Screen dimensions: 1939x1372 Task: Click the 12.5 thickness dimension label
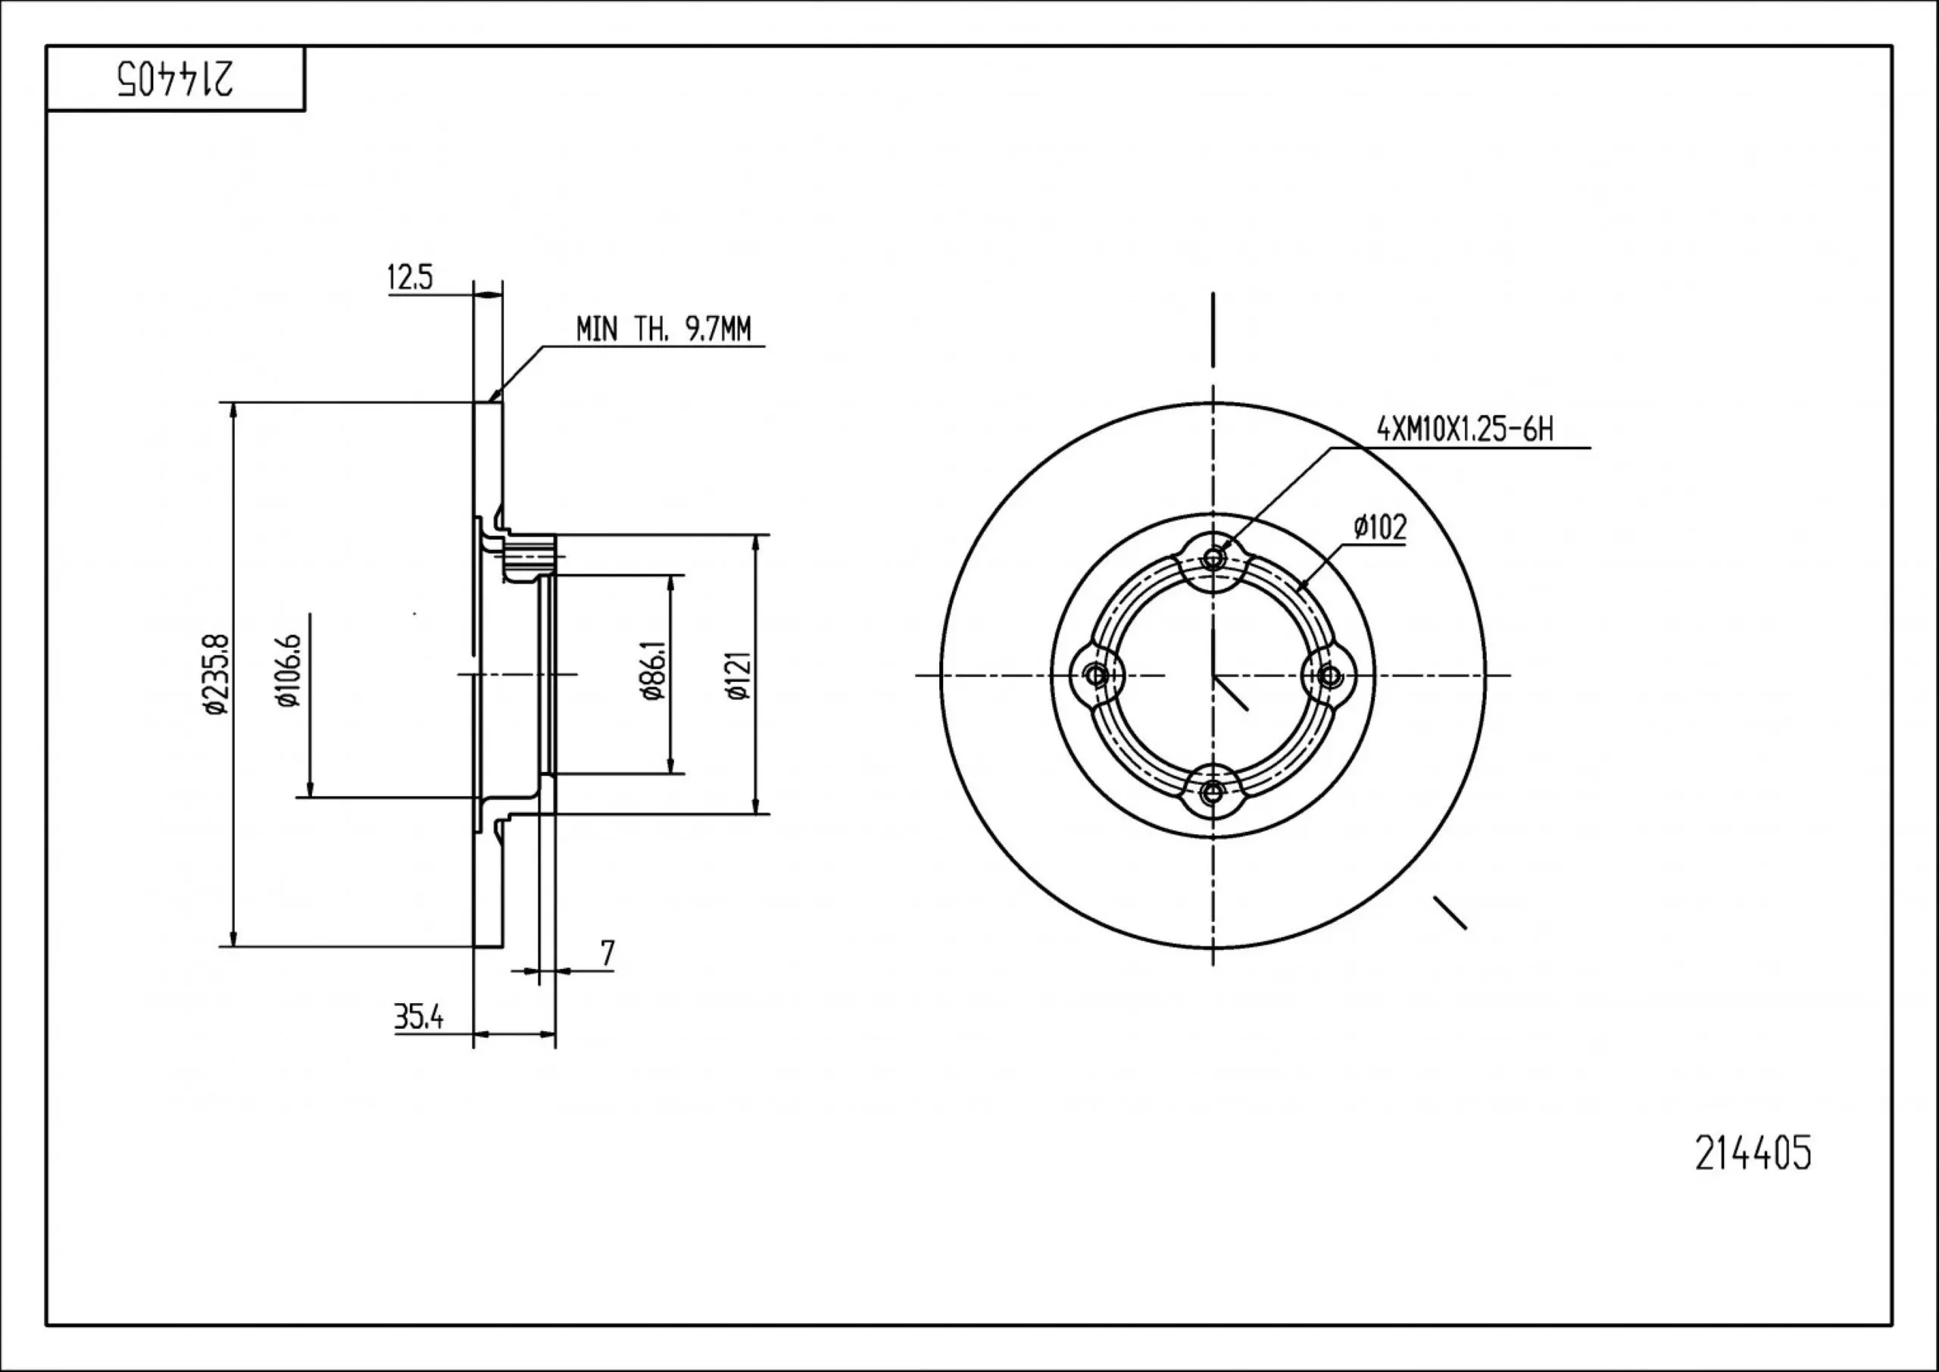pyautogui.click(x=410, y=277)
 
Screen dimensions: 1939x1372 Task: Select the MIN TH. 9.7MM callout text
pyautogui.click(x=663, y=329)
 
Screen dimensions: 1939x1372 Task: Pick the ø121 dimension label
pyautogui.click(x=737, y=675)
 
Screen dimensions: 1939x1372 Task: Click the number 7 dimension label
pyautogui.click(x=607, y=954)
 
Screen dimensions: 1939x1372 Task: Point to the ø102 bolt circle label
pyautogui.click(x=1380, y=528)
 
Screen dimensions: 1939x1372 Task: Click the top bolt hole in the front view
pyautogui.click(x=1213, y=558)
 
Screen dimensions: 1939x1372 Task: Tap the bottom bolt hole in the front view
pyautogui.click(x=1213, y=792)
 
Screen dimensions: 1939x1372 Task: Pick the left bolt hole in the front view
pyautogui.click(x=1096, y=675)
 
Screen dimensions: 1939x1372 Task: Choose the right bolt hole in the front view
pyautogui.click(x=1330, y=675)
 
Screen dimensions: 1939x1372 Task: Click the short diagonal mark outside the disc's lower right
pyautogui.click(x=1450, y=912)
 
